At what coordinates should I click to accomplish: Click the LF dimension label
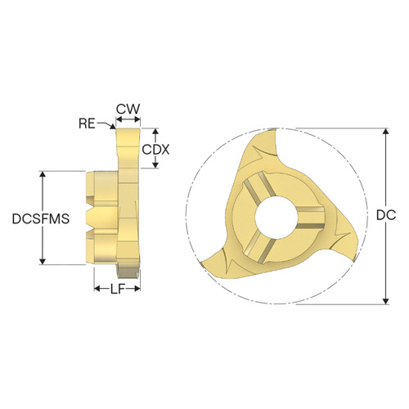coord(118,290)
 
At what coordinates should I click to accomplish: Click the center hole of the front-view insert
coord(273,218)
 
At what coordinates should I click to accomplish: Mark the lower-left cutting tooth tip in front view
coord(201,266)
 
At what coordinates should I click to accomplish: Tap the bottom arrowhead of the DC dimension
coord(385,301)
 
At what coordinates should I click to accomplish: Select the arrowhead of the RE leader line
coord(116,128)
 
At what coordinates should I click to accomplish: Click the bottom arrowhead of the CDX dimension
coord(155,170)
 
